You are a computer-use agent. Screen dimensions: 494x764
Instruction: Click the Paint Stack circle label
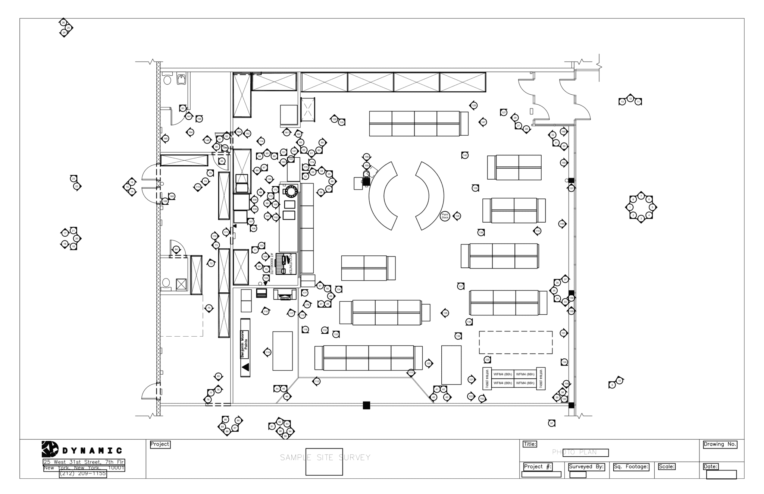[x=445, y=216]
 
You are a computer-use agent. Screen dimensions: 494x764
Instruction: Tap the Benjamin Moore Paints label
[x=245, y=344]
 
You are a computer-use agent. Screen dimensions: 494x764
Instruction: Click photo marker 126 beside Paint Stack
[x=457, y=216]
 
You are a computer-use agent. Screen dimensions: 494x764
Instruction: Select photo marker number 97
[x=552, y=423]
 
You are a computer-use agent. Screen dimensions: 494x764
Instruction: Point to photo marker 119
[x=267, y=352]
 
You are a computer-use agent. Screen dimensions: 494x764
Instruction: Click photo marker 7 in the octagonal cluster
[x=641, y=196]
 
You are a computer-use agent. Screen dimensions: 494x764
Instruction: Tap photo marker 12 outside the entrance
[x=630, y=98]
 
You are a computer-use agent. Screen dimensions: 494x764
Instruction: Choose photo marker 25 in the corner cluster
[x=68, y=28]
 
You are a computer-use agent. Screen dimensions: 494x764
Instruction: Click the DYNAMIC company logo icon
[x=50, y=449]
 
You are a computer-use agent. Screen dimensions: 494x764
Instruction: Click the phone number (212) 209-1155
[x=83, y=474]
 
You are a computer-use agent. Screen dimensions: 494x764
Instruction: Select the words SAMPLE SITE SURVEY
[x=325, y=457]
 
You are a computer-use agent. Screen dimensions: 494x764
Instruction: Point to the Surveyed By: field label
[x=586, y=466]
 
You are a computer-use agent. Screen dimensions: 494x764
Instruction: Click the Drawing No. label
[x=720, y=444]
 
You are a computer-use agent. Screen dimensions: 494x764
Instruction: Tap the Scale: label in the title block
[x=667, y=466]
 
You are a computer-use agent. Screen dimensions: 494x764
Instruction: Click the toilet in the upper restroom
[x=167, y=80]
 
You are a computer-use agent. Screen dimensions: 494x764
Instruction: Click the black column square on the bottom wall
[x=366, y=405]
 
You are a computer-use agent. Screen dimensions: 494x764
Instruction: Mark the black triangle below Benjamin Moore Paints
[x=245, y=368]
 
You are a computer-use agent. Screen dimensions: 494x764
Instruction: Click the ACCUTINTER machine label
[x=291, y=263]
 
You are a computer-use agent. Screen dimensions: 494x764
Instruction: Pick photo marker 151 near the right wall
[x=563, y=333]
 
